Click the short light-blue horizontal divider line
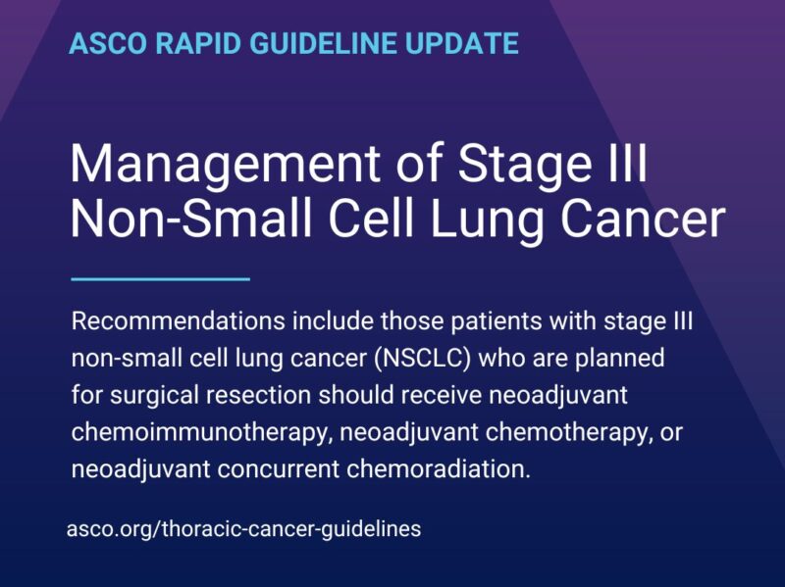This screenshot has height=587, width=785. (161, 279)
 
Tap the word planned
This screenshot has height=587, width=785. (622, 358)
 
